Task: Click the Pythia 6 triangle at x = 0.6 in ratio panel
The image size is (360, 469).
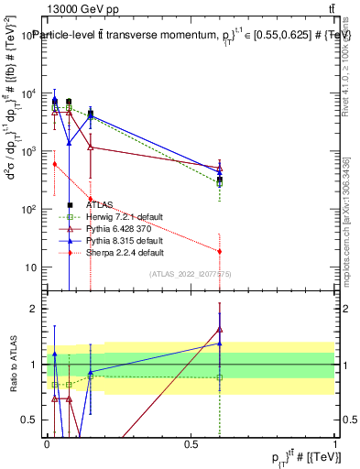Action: [220, 330]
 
